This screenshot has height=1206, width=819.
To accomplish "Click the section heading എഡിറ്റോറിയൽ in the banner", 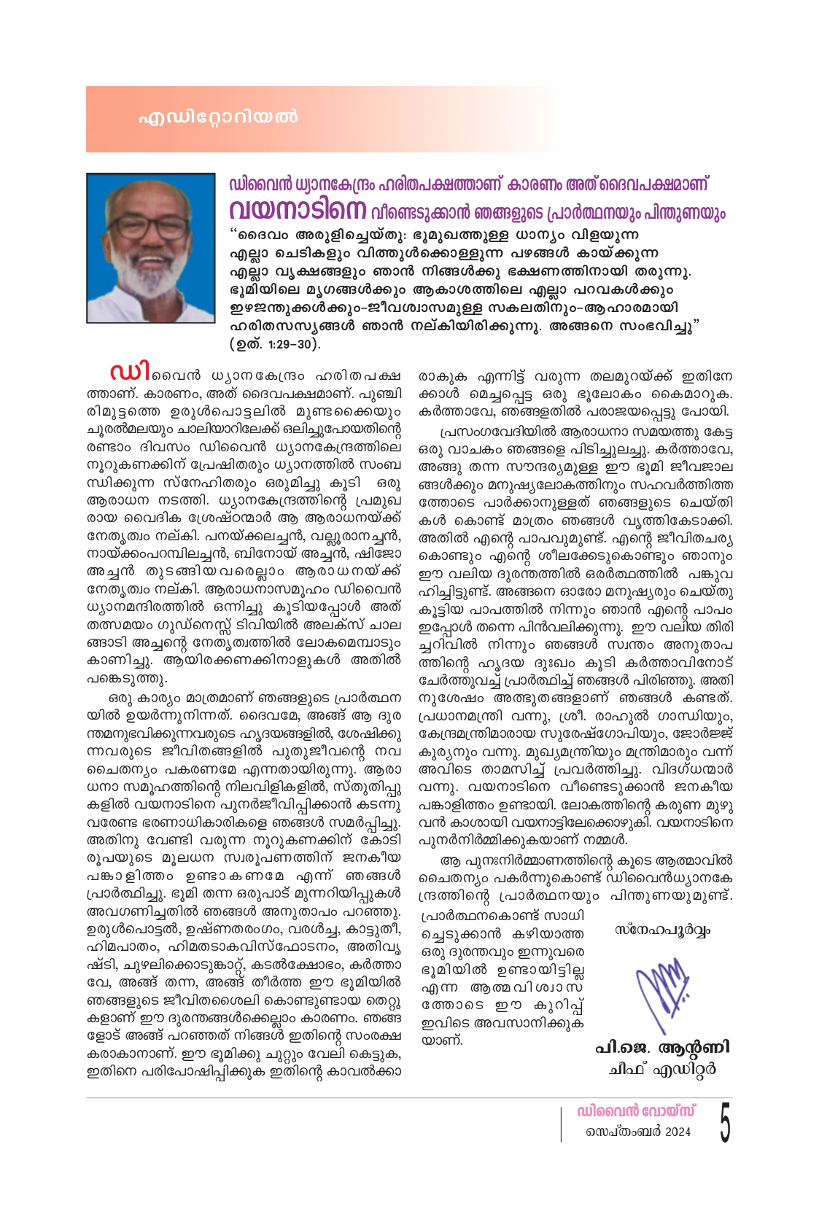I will pos(218,117).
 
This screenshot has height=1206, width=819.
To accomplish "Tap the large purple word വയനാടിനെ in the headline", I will pos(298,211).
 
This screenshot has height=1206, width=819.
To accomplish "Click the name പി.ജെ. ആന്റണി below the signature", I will pos(662,1048).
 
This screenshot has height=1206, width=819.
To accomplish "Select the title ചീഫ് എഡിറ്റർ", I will pos(662,1069).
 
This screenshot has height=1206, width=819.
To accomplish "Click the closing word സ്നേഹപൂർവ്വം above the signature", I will pos(662,930).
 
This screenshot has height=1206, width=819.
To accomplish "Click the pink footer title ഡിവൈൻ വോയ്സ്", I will pos(636,1111).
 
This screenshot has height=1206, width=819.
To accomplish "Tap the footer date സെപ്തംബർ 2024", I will pos(638,1132).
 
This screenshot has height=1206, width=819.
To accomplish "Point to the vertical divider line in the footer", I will pos(561,1123).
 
